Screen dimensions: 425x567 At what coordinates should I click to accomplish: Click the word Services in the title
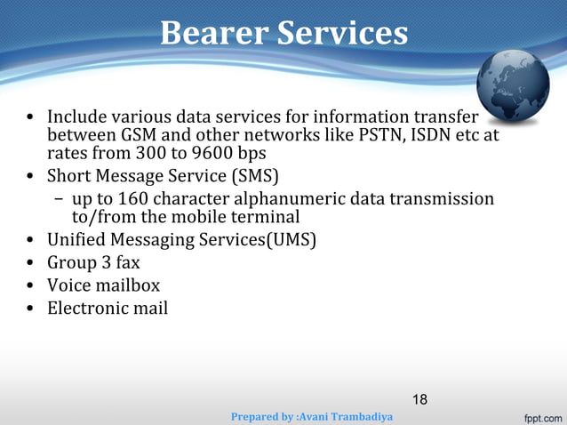(342, 34)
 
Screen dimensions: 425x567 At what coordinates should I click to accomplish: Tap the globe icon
(513, 85)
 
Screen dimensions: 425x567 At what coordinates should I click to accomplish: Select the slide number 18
(419, 399)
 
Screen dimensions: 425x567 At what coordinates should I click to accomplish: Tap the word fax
(125, 263)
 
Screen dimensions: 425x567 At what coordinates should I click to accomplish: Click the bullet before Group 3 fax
(30, 264)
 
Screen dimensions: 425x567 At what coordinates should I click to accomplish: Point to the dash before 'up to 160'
(57, 199)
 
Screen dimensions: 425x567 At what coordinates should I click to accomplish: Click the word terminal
(263, 217)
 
